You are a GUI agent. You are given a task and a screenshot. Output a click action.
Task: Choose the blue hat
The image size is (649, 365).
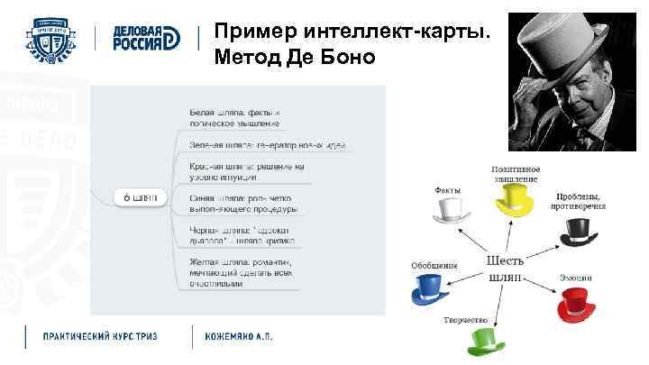tap(430, 290)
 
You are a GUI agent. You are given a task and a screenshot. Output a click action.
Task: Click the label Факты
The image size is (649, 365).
tap(447, 190)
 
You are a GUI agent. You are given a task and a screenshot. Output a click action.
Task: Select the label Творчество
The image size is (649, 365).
tap(465, 320)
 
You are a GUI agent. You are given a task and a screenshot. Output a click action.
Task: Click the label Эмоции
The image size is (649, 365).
tap(575, 276)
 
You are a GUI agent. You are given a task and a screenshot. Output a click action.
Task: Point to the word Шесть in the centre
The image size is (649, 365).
tap(505, 260)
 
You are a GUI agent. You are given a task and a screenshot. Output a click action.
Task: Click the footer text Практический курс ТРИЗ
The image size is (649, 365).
tap(101, 336)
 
